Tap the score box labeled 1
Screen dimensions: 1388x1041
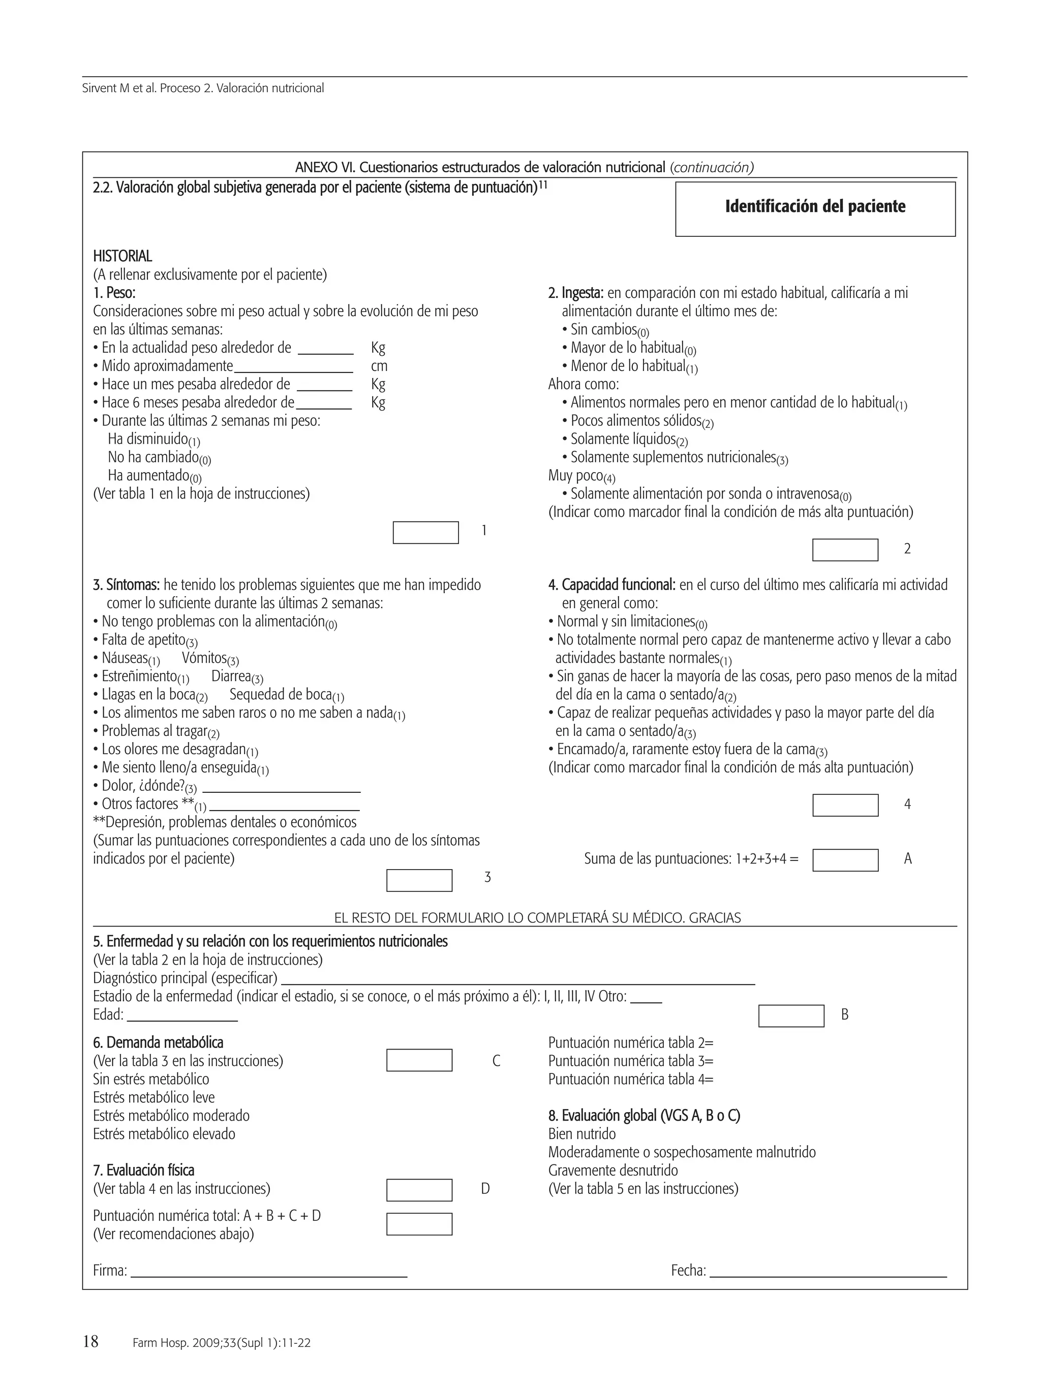[425, 533]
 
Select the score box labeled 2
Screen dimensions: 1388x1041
[845, 550]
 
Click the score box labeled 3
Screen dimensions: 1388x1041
[419, 880]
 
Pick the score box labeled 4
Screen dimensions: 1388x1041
[845, 805]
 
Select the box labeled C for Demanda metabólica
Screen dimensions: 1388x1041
[419, 1061]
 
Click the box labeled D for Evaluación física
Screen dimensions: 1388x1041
[419, 1190]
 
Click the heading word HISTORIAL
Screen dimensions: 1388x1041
[123, 256]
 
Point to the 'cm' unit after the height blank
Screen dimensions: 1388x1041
[379, 366]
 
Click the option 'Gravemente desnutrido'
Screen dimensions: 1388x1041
[613, 1170]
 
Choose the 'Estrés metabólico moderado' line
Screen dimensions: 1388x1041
[171, 1116]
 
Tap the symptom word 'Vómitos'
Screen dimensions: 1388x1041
[204, 658]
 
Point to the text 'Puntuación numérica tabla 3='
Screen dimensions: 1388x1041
[631, 1061]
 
